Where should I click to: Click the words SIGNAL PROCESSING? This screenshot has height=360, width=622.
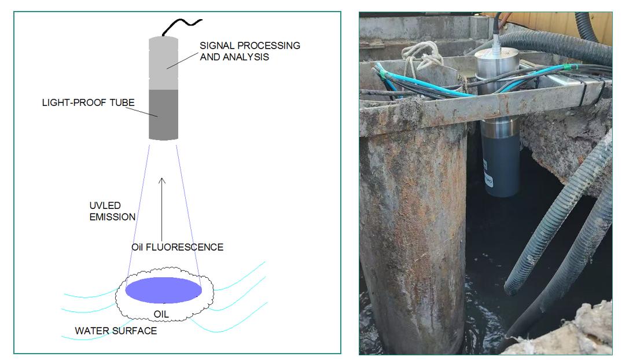click(249, 45)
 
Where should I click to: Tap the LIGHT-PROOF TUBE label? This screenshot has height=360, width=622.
click(89, 102)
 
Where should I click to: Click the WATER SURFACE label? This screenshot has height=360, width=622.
click(116, 331)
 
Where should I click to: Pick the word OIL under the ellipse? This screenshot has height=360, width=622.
click(163, 315)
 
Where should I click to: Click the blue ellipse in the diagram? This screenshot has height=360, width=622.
click(164, 290)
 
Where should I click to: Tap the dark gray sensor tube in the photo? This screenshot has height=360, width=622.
click(501, 162)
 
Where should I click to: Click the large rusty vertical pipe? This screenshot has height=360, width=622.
click(412, 232)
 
